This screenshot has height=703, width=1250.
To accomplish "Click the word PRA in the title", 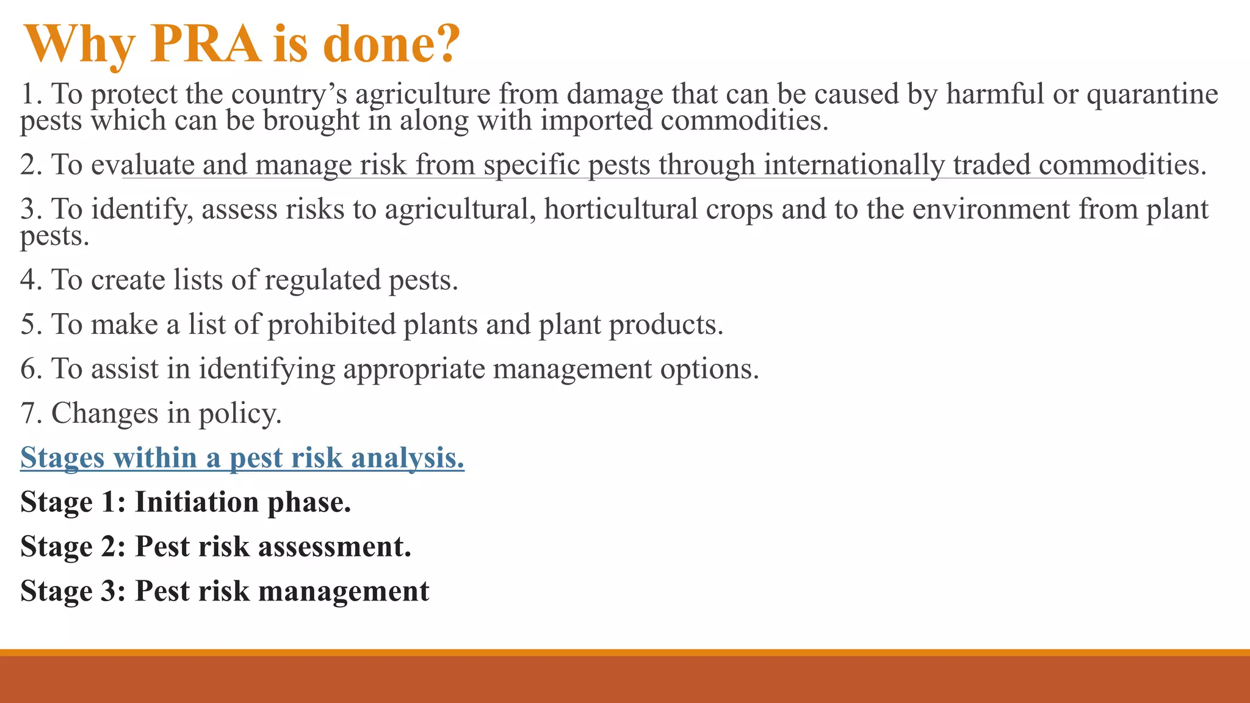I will pos(204,44).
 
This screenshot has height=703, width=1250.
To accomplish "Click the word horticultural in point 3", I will pos(621,209).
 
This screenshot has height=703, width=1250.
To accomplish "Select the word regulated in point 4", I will pos(322,281).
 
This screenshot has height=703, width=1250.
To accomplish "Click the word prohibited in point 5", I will pos(331,324).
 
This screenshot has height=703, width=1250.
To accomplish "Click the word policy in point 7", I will pos(240,414).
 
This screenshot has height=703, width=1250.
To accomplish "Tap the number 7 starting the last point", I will pos(28,413).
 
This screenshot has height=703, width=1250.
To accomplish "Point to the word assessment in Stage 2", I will pos(334,547).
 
